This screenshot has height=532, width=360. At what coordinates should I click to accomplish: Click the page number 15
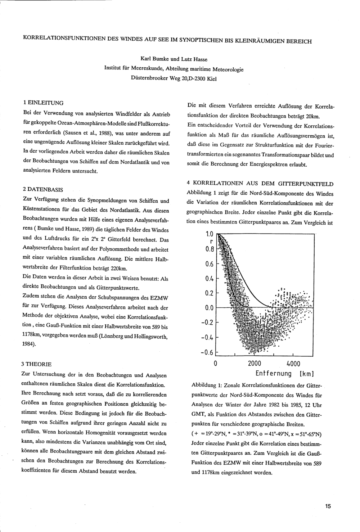point(328,506)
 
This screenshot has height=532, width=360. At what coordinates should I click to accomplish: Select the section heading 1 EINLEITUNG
point(43,103)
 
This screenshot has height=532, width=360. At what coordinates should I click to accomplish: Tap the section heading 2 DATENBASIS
point(43,189)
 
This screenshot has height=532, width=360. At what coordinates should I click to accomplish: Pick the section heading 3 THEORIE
point(37,364)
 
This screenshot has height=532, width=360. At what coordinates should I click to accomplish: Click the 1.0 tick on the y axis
point(209,234)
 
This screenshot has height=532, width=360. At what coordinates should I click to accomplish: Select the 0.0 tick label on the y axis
point(209,308)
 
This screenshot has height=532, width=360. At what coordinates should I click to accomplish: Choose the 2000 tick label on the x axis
point(254,363)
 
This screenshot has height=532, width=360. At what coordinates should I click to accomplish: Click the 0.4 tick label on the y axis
point(209,279)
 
